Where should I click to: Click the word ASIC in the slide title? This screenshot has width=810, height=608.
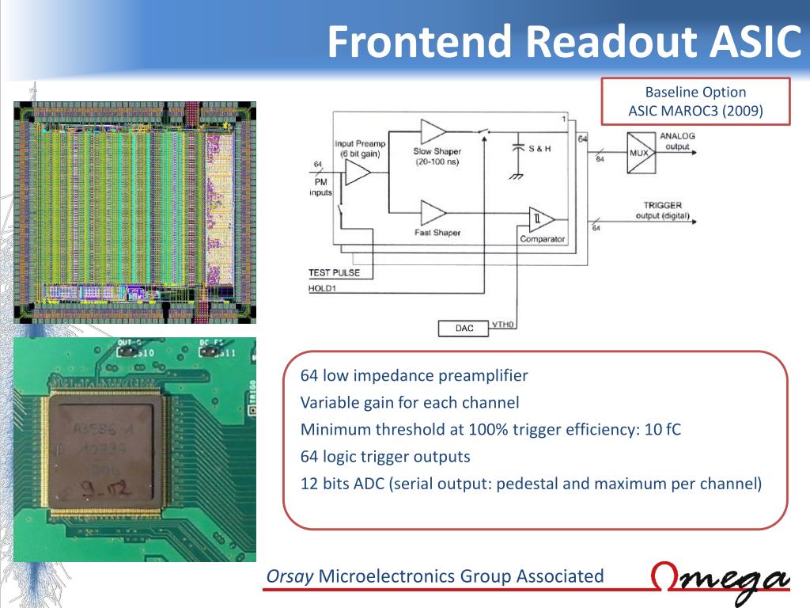pos(751,42)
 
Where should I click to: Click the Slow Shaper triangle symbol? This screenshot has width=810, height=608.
pos(433,133)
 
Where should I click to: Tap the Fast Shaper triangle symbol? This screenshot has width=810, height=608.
pos(433,213)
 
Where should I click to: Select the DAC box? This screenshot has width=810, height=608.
pos(464,328)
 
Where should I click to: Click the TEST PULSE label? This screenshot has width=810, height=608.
pos(334,273)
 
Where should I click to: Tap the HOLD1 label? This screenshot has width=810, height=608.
pos(323,288)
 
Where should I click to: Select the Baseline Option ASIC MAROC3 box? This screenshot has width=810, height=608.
pos(695,101)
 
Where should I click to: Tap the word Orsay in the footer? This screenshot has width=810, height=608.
pos(290,576)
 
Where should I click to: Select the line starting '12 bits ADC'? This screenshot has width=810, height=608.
pos(531,484)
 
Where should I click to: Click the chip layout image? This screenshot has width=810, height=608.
pos(134,212)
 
